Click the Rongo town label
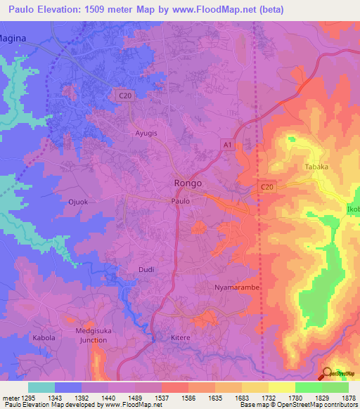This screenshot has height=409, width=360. point(188,183)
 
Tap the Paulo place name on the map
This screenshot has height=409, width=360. point(181,200)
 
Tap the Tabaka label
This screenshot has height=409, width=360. point(317,167)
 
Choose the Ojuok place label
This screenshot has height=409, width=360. point(78,202)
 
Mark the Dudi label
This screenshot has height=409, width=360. point(146,269)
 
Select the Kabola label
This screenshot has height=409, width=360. point(43,337)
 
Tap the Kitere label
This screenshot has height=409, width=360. point(181,337)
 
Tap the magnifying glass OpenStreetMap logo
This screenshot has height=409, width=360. point(327,373)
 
